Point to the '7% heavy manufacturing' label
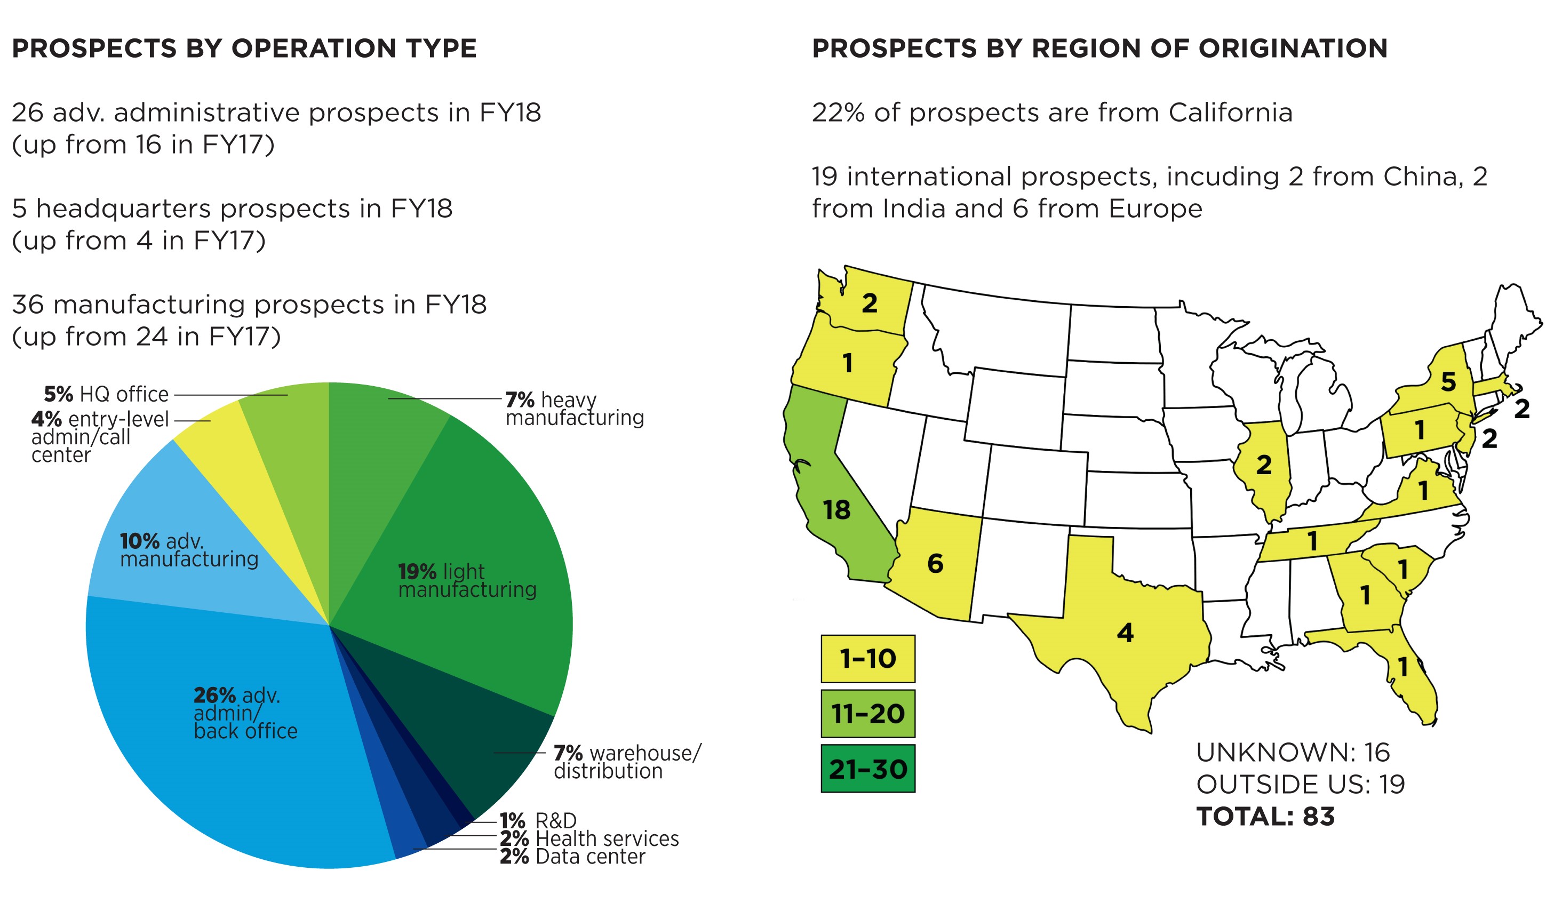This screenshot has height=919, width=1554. pyautogui.click(x=574, y=409)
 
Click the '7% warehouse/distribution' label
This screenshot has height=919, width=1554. pyautogui.click(x=627, y=762)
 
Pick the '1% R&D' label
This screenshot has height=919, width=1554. pyautogui.click(x=538, y=821)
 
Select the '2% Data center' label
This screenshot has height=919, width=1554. pyautogui.click(x=572, y=857)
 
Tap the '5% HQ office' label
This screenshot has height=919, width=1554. pyautogui.click(x=106, y=395)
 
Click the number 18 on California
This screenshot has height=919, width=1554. pyautogui.click(x=836, y=510)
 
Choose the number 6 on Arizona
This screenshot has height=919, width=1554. pyautogui.click(x=935, y=564)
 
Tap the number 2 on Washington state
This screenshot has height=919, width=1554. pyautogui.click(x=870, y=303)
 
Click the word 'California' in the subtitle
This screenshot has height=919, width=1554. pyautogui.click(x=1230, y=113)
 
